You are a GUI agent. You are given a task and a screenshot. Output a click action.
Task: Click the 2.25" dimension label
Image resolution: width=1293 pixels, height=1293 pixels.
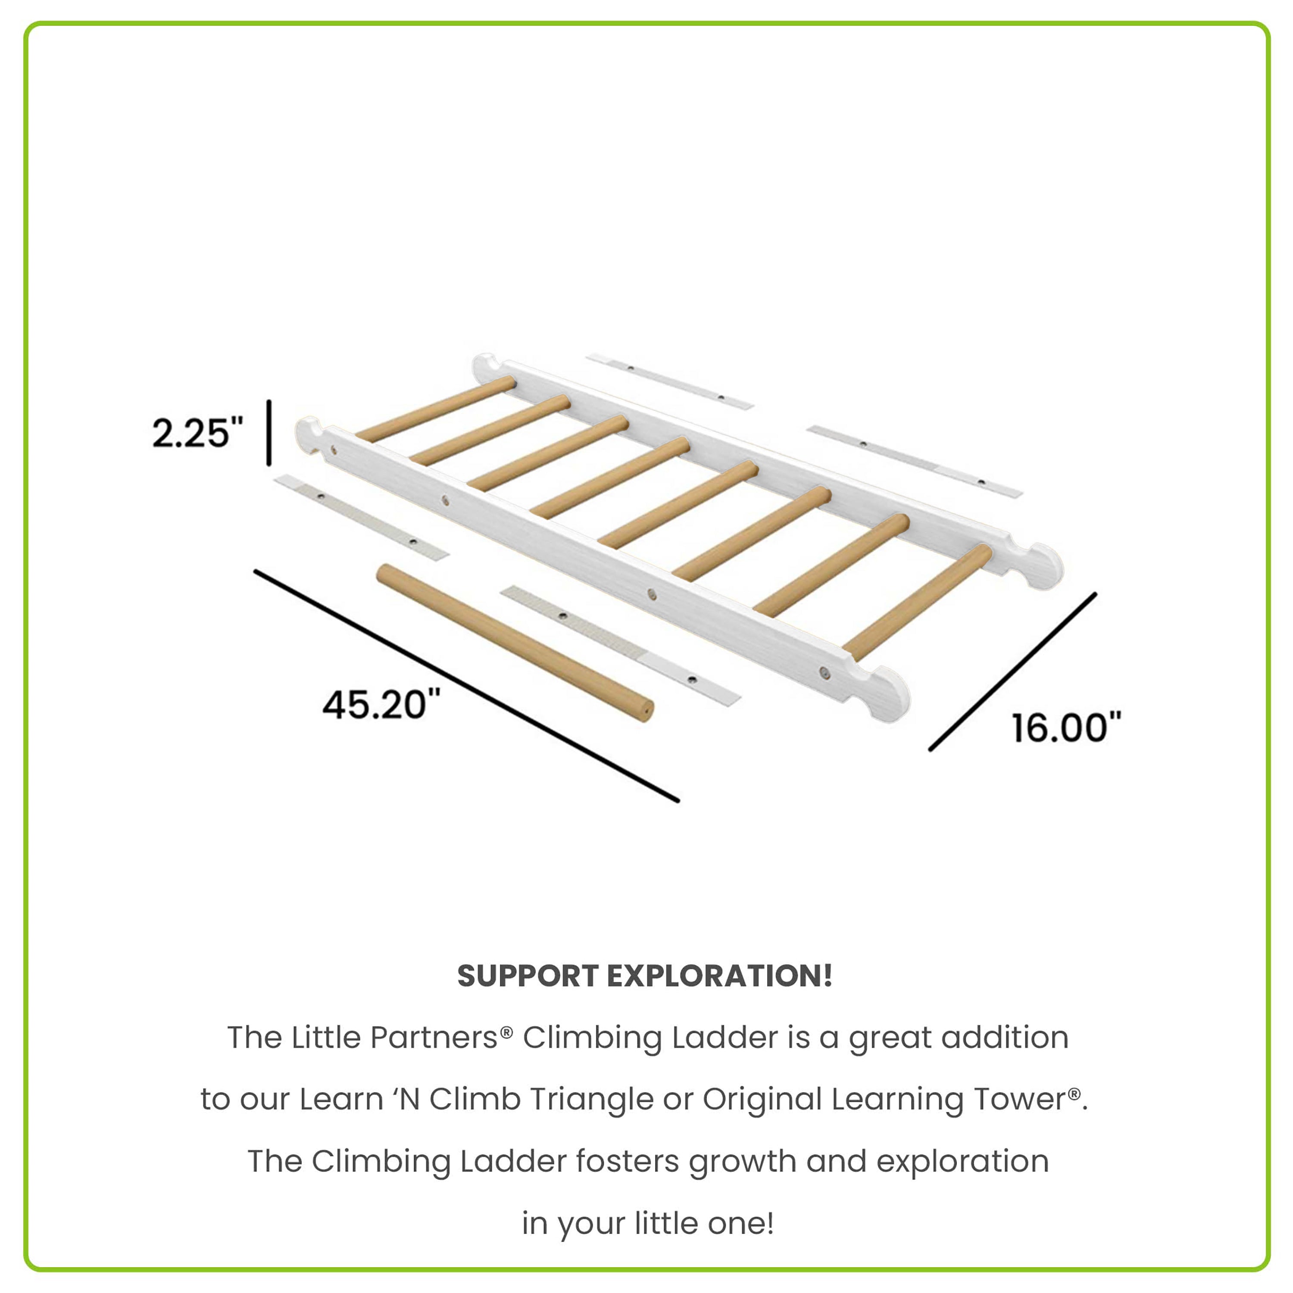coord(197,433)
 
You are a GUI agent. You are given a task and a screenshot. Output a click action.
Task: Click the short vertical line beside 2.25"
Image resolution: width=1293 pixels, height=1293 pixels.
coord(269,432)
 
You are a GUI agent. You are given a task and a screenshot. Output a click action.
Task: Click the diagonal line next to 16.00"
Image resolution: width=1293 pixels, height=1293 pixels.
coord(1012,671)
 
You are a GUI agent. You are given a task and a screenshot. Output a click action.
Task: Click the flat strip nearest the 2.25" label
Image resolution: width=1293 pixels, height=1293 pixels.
coord(362,517)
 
